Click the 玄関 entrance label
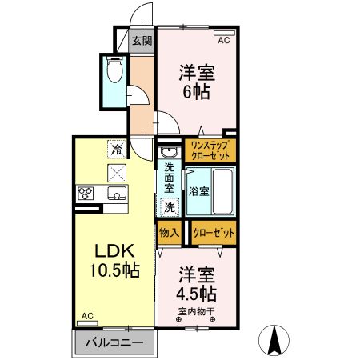(x=142, y=42)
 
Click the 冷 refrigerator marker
(x=117, y=149)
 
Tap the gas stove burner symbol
(x=86, y=193)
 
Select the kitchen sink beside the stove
(x=114, y=193)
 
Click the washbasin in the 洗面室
(x=169, y=153)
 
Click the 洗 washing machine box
(x=169, y=206)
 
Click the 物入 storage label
(x=169, y=233)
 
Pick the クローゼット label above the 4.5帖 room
(x=214, y=233)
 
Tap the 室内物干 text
(x=196, y=310)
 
